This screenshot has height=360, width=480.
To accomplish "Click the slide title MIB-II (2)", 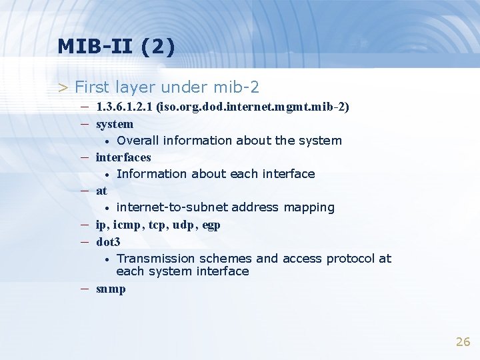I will [116, 46].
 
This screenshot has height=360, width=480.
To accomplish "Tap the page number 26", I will [463, 342].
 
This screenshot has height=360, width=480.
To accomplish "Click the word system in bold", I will [115, 124].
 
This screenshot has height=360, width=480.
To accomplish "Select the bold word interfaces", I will [123, 157].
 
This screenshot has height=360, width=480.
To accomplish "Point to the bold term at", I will [101, 191].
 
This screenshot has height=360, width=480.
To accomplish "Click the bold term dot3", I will [108, 242].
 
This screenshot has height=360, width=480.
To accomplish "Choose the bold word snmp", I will [111, 289].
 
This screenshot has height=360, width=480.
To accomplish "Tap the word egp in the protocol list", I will [211, 225].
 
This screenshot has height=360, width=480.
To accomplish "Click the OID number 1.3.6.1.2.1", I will [125, 107].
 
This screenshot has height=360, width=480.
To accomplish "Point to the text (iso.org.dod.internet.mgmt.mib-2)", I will [253, 107].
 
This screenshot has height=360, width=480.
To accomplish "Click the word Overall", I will [137, 141].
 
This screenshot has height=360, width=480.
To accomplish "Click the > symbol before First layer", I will [63, 87].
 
